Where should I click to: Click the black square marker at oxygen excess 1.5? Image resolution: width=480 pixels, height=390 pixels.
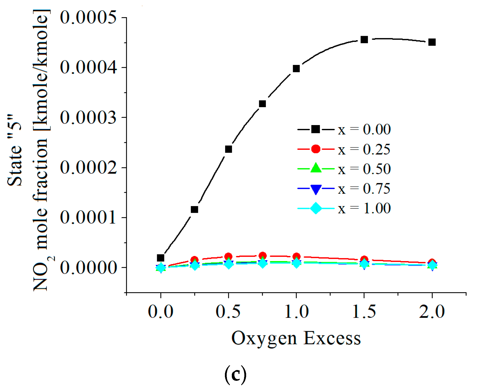click(x=364, y=40)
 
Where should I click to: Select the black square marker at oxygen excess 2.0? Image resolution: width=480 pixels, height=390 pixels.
click(x=432, y=42)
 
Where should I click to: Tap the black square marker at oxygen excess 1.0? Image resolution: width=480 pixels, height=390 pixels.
click(x=296, y=69)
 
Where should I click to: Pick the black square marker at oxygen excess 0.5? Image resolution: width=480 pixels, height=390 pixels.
click(x=228, y=149)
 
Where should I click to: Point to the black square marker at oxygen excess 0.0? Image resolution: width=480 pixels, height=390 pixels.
click(x=160, y=258)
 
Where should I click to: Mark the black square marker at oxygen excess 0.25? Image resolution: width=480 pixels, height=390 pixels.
click(x=194, y=209)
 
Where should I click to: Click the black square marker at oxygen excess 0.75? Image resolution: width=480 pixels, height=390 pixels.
click(x=262, y=104)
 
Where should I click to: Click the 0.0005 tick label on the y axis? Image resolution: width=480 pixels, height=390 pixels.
click(x=88, y=18)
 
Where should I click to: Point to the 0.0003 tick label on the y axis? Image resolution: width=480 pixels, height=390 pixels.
click(x=88, y=118)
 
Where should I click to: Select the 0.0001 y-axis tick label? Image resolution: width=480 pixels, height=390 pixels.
click(x=88, y=218)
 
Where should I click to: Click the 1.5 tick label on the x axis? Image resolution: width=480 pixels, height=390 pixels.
click(x=364, y=312)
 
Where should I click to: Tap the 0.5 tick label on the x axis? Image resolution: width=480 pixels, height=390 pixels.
click(x=228, y=312)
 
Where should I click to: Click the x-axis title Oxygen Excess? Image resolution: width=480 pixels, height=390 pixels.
click(x=296, y=338)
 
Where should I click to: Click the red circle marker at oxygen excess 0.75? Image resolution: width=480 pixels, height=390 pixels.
click(x=263, y=255)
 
